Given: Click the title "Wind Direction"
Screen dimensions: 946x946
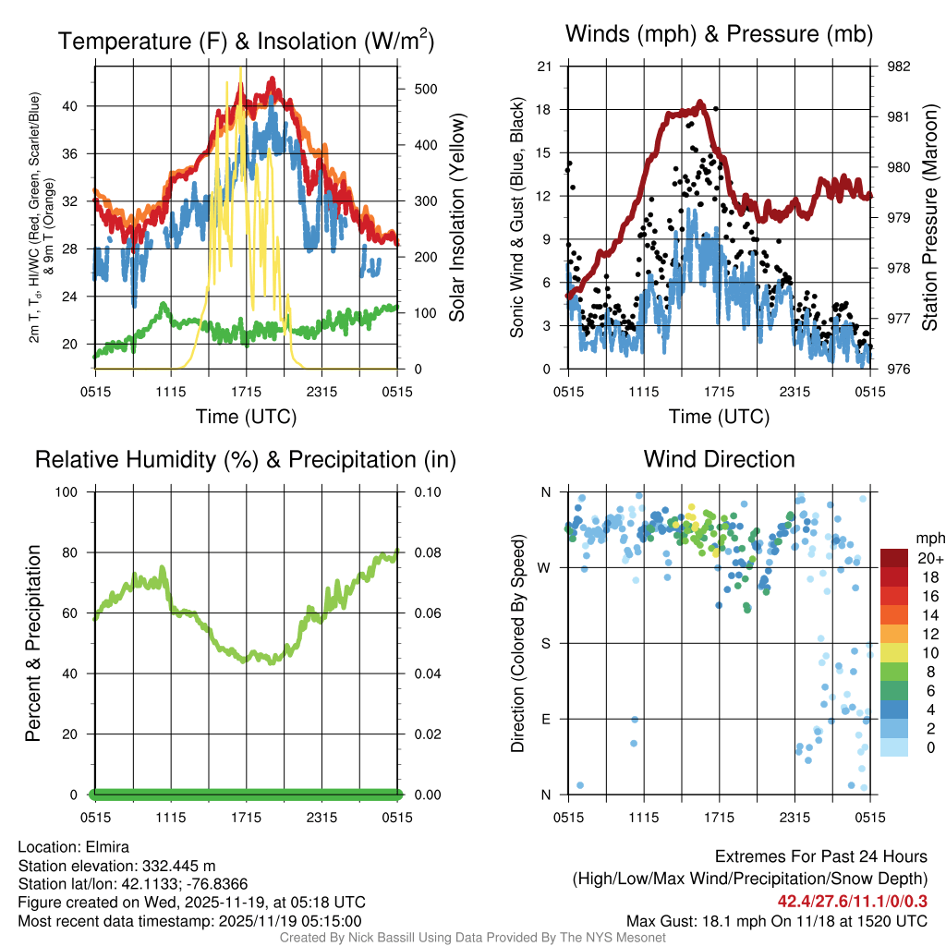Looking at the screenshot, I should coord(719,459).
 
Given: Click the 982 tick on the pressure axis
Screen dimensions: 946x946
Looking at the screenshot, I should coord(898,67).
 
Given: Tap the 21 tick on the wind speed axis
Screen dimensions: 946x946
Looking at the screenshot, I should coord(545,67).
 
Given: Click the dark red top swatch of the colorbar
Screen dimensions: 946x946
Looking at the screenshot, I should coord(895,558).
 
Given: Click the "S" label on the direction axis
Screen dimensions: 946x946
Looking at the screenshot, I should coord(546,643).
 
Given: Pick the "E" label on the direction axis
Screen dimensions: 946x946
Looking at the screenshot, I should coord(546,719).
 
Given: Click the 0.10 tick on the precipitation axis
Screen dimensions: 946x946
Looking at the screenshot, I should coord(425,492).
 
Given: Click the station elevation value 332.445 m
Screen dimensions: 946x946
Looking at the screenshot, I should coord(178,866).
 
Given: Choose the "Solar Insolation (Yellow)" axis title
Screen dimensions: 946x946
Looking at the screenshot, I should coord(456,218).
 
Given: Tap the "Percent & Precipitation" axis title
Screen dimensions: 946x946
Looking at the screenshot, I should coord(32,643).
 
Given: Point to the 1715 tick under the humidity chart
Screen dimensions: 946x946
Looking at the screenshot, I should coord(247,817).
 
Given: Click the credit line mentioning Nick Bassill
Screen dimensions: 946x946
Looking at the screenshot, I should coord(472,937).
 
